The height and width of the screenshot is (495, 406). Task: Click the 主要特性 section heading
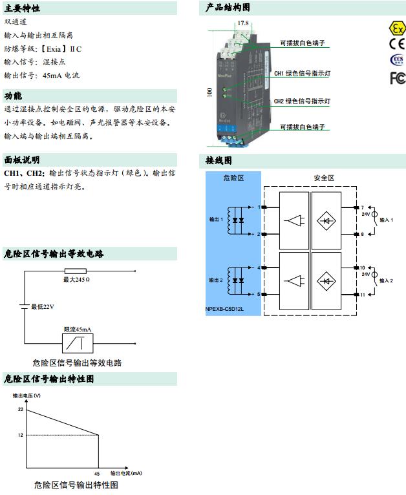click(22, 8)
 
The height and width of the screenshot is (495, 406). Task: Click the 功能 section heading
click(13, 96)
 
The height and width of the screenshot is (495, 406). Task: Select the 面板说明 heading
click(22, 159)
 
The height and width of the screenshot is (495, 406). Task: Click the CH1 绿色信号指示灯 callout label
click(302, 74)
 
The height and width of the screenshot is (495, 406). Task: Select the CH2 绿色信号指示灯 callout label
click(302, 101)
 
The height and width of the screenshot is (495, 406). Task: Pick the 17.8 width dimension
click(242, 23)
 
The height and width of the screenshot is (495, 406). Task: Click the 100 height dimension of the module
click(209, 92)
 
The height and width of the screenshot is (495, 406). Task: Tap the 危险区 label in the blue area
click(233, 178)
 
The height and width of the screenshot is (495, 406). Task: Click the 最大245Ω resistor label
click(76, 279)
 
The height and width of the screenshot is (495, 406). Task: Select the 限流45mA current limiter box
click(78, 342)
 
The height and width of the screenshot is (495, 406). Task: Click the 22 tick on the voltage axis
click(21, 410)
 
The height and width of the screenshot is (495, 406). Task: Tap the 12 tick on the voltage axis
click(21, 436)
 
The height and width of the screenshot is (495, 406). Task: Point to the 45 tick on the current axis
click(98, 473)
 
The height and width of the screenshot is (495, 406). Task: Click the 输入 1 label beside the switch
click(386, 220)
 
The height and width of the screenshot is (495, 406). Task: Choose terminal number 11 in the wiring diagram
click(363, 295)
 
